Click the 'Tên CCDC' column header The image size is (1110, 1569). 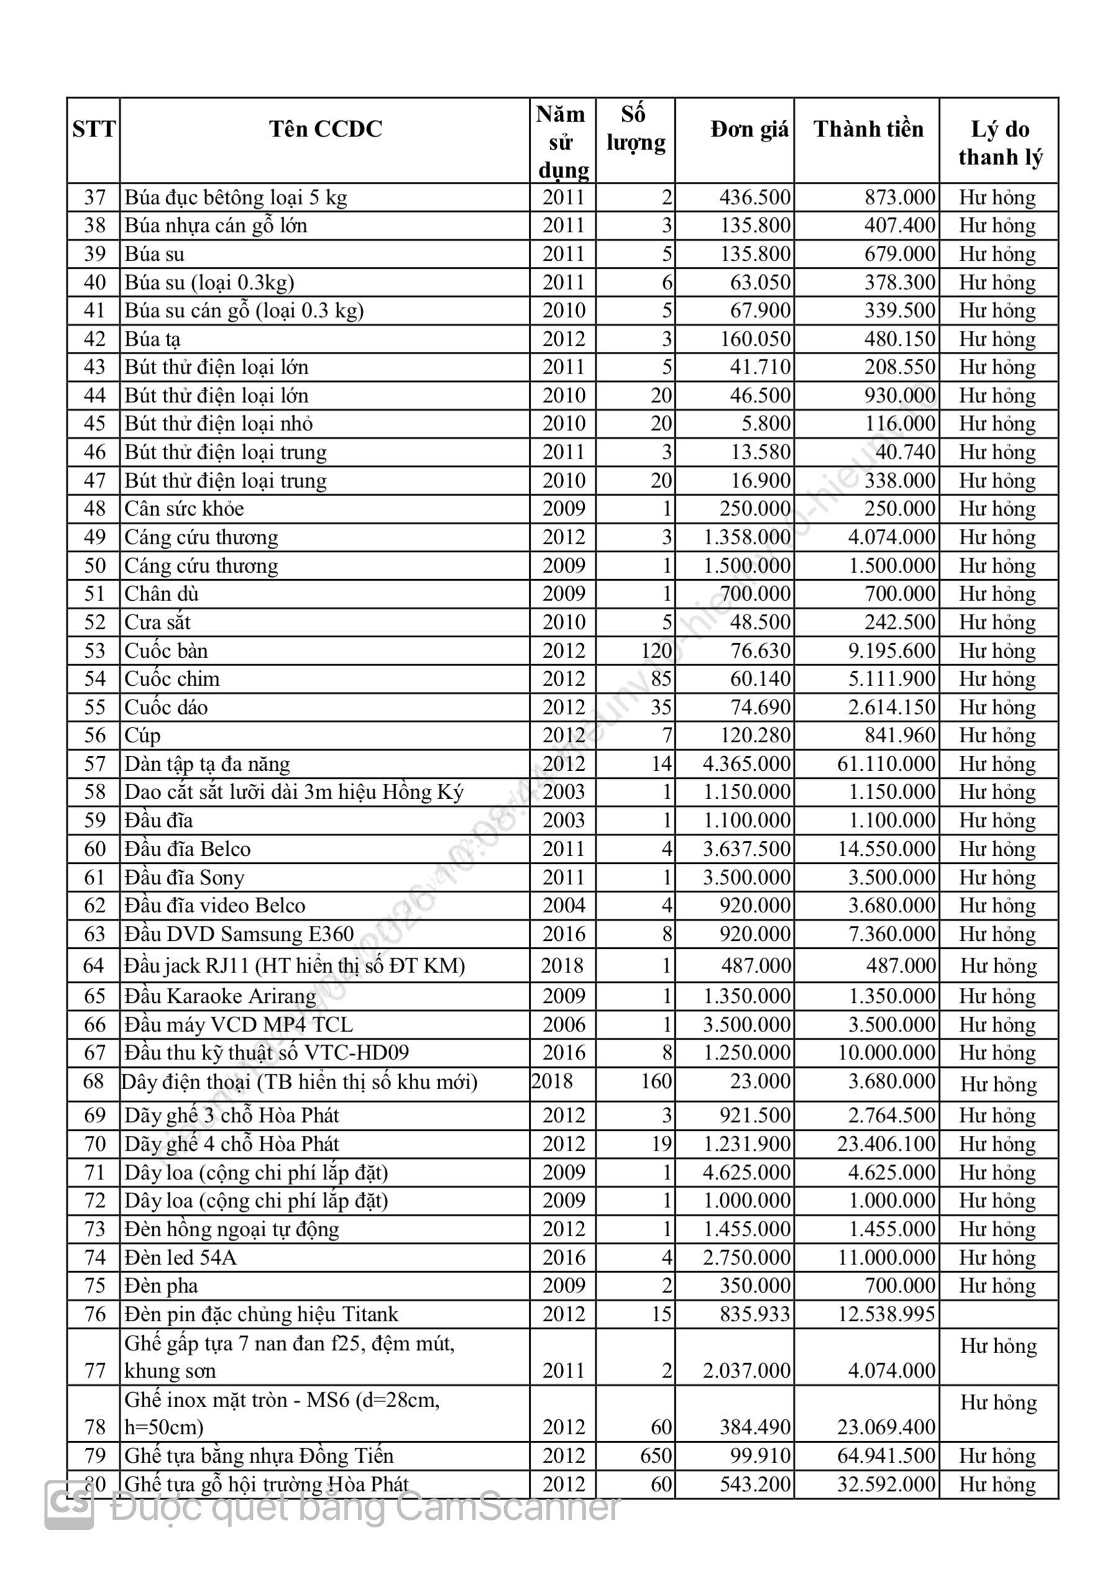point(325,129)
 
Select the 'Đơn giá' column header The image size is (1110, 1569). point(749,129)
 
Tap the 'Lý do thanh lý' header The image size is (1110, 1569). point(1000,143)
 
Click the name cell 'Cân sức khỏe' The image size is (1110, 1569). point(184,509)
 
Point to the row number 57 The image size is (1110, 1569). point(94,764)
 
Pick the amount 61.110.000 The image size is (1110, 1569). point(886,764)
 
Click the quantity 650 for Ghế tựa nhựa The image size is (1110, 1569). point(656,1456)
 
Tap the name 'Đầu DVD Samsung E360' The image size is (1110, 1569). point(239,934)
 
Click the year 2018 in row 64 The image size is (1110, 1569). point(562,966)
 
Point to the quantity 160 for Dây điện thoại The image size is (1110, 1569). point(656,1082)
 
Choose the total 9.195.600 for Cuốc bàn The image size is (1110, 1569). point(891,650)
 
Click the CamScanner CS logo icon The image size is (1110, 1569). point(69,1505)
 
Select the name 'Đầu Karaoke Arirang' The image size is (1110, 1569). point(220,996)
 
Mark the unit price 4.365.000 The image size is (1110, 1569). point(746,764)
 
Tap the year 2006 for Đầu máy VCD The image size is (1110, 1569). point(564,1025)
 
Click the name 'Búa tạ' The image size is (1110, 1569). point(153,339)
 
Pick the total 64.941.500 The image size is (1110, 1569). point(886,1456)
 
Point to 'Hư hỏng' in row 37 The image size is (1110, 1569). point(997,197)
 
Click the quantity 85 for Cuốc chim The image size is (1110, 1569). point(661,679)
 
